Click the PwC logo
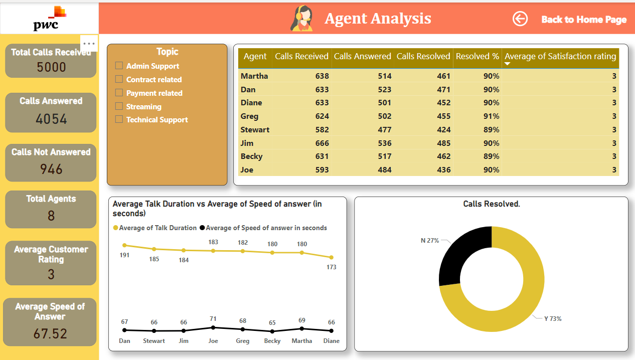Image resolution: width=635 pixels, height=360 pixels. click(49, 19)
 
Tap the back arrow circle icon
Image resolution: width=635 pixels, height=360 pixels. click(520, 19)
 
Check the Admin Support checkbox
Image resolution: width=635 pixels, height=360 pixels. click(119, 66)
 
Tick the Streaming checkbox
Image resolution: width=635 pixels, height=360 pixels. click(119, 106)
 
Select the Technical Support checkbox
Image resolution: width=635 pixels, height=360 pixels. click(119, 119)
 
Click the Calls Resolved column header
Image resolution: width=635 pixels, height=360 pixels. click(423, 57)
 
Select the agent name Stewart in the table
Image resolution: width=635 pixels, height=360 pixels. click(255, 129)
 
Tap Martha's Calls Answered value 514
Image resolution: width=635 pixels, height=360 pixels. click(384, 76)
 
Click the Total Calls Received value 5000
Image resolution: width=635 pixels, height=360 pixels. click(51, 67)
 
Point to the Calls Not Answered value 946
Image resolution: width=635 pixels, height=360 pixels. click(51, 169)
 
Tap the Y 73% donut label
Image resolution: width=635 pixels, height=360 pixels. click(552, 319)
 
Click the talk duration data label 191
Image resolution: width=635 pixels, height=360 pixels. click(124, 255)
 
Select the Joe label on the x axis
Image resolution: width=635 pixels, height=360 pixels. click(213, 341)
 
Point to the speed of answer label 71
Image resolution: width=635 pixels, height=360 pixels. click(213, 319)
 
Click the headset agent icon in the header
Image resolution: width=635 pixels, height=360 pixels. click(301, 19)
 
